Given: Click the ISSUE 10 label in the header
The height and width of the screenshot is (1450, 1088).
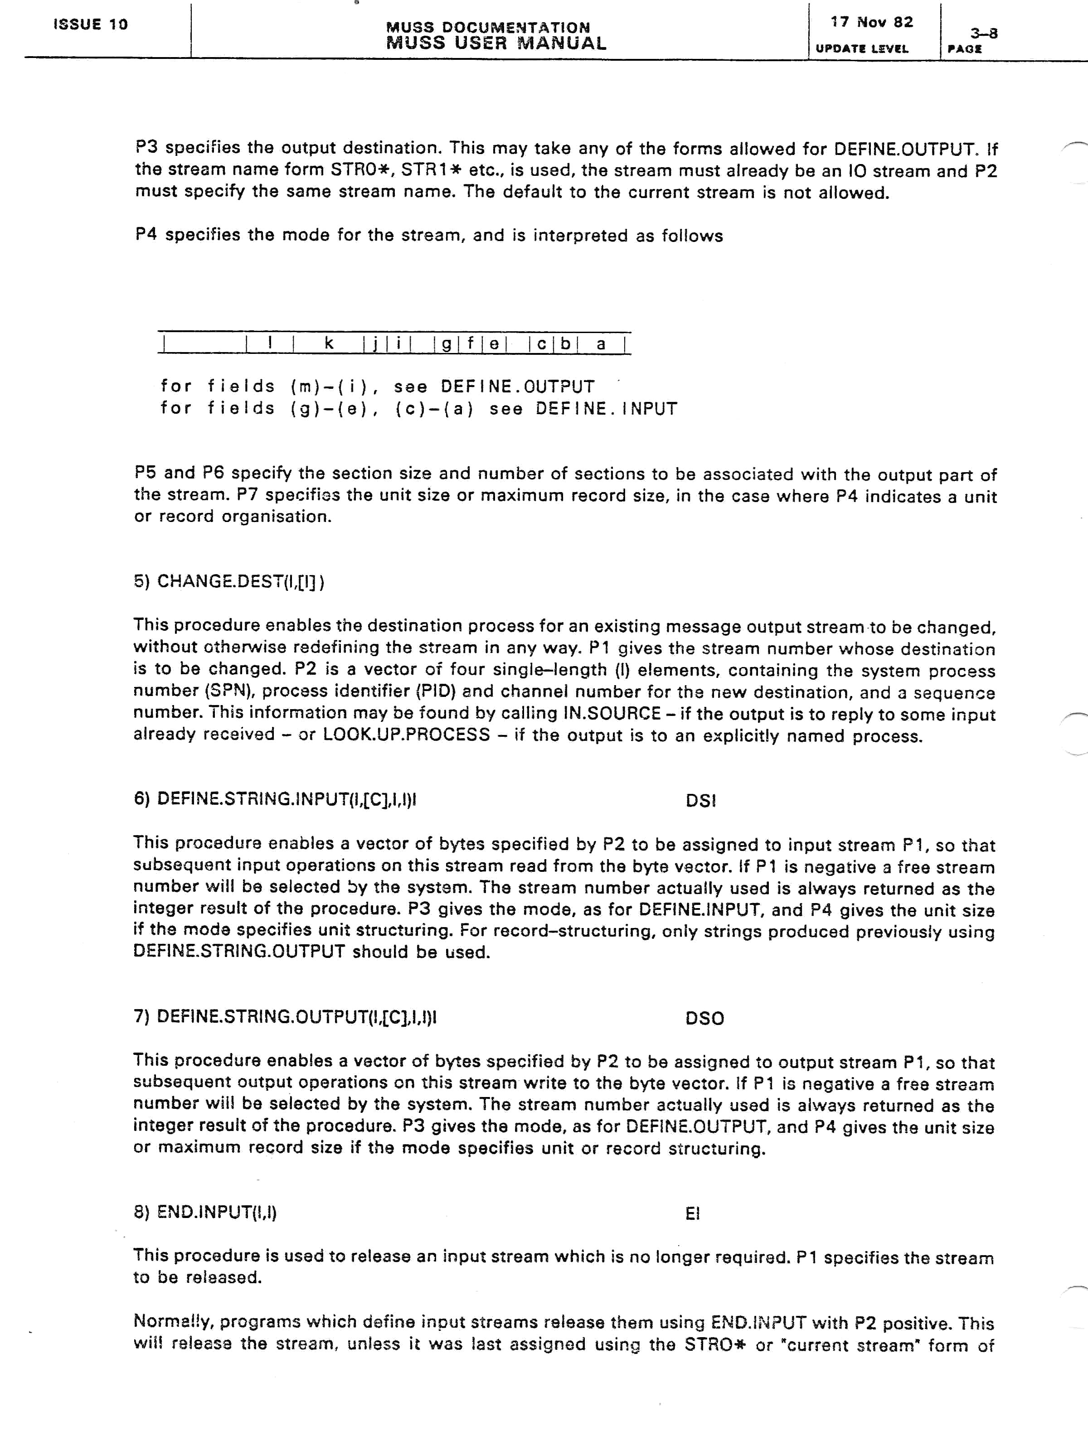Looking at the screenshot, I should click(91, 25).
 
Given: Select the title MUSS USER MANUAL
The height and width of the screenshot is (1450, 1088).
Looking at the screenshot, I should click(496, 44).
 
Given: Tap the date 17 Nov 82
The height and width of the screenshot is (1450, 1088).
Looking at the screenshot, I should click(872, 22).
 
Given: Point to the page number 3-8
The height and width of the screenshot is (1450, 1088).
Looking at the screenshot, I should click(984, 33).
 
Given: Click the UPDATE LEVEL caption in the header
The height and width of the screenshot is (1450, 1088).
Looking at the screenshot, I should click(862, 48).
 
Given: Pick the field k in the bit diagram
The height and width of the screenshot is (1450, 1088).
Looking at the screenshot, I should click(329, 343).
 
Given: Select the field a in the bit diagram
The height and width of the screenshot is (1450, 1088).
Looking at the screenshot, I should click(601, 343).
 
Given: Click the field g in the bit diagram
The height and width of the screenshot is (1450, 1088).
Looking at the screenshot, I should click(446, 343).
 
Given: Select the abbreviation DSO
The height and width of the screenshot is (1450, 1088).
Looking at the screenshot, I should click(704, 1018).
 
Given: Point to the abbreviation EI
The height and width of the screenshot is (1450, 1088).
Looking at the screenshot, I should click(693, 1213).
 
